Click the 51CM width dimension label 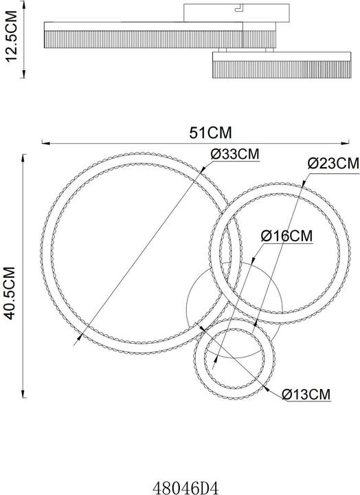coord(210,133)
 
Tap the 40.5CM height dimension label coord(10,294)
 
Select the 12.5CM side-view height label coord(12,36)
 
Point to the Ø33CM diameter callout coord(235,155)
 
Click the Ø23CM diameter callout coord(333,164)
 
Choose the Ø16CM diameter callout coord(286,236)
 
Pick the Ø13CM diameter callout coord(306,395)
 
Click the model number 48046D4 coord(185,487)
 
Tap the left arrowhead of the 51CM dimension coord(46,143)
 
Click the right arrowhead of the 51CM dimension coord(345,143)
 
